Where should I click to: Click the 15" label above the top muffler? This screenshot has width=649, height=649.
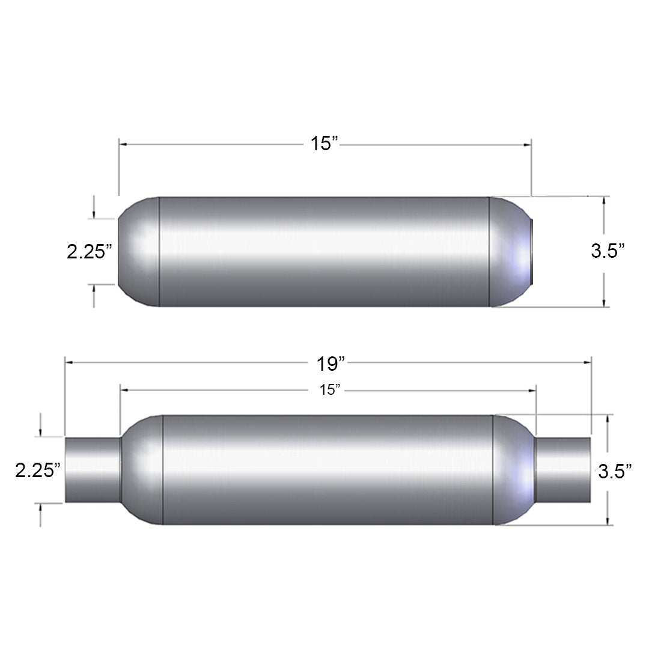pyautogui.click(x=324, y=144)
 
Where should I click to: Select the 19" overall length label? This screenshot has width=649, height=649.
pyautogui.click(x=331, y=364)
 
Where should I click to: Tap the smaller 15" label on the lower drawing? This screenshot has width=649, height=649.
pyautogui.click(x=329, y=390)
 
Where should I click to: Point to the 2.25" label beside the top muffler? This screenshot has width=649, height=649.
pyautogui.click(x=90, y=251)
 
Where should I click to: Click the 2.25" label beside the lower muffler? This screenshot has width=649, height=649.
pyautogui.click(x=38, y=471)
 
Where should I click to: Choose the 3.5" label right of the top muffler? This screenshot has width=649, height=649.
pyautogui.click(x=608, y=251)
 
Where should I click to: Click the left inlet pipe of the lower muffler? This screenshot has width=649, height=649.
pyautogui.click(x=93, y=469)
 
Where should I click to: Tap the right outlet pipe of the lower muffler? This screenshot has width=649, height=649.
pyautogui.click(x=562, y=469)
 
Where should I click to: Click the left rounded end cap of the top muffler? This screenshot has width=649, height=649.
pyautogui.click(x=139, y=252)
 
